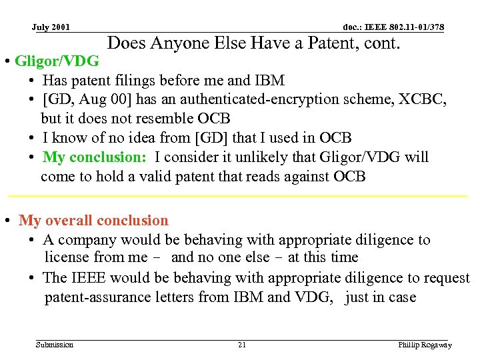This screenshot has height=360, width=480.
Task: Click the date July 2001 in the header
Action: pyautogui.click(x=51, y=27)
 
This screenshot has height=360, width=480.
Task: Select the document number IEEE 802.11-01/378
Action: pyautogui.click(x=393, y=27)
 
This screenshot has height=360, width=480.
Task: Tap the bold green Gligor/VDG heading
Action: pyautogui.click(x=57, y=62)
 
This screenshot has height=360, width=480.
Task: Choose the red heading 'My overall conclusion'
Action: pyautogui.click(x=93, y=221)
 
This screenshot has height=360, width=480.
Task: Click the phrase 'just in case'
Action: pyautogui.click(x=381, y=297)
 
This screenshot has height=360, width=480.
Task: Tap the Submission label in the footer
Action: pyautogui.click(x=55, y=345)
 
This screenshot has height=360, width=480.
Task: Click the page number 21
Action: pyautogui.click(x=242, y=345)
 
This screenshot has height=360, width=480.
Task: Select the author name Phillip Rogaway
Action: pyautogui.click(x=425, y=345)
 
